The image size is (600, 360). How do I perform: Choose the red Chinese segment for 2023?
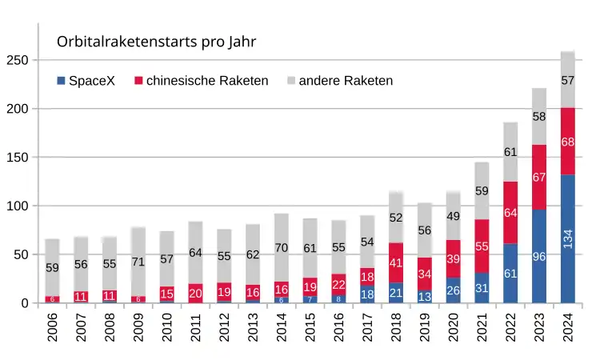coord(540,178)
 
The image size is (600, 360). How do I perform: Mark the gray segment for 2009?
coord(138,262)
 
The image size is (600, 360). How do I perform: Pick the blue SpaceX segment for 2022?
coord(511,274)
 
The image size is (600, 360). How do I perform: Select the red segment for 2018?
coord(396,262)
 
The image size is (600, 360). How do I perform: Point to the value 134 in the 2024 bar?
coord(568,237)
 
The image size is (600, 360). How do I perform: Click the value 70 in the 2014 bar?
coord(282,248)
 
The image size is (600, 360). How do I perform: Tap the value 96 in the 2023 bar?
coord(540,258)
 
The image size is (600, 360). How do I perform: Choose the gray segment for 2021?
coord(482,190)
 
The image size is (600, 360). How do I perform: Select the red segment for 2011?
coord(195,294)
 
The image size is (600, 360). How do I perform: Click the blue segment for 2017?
coord(367,294)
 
